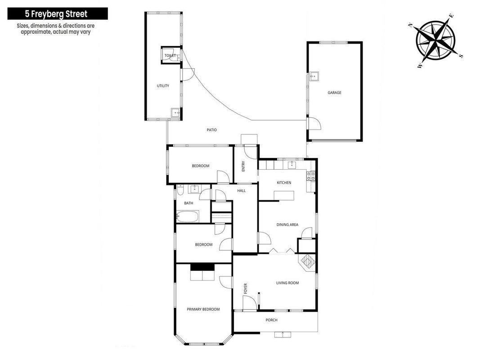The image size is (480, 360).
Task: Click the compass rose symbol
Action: click(x=435, y=40)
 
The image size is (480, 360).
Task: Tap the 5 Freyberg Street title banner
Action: click(x=58, y=14)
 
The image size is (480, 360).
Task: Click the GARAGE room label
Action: click(x=334, y=92)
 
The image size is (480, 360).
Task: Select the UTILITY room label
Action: click(x=163, y=85)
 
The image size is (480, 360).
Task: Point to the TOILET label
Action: click(x=170, y=55)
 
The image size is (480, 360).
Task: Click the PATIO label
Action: click(x=211, y=130)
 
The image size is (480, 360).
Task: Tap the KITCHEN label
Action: click(x=284, y=182)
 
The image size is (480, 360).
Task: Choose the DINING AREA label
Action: click(x=287, y=225)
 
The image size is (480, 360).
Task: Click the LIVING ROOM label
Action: click(x=287, y=283)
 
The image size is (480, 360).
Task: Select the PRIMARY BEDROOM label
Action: click(x=203, y=309)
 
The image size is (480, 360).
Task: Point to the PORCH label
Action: click(x=271, y=320)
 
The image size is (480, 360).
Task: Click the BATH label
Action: click(x=188, y=203)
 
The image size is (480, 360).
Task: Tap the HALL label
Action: click(x=241, y=190)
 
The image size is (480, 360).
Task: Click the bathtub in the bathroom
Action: click(x=187, y=216)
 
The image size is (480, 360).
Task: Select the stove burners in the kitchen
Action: click(x=311, y=175)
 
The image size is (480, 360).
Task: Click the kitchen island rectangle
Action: click(x=284, y=195)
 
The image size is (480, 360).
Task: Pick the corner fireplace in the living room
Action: click(x=307, y=262)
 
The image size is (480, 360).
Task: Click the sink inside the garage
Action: click(x=314, y=76)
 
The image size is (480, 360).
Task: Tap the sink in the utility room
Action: click(x=176, y=112)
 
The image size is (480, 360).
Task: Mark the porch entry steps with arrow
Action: click(x=283, y=334)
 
